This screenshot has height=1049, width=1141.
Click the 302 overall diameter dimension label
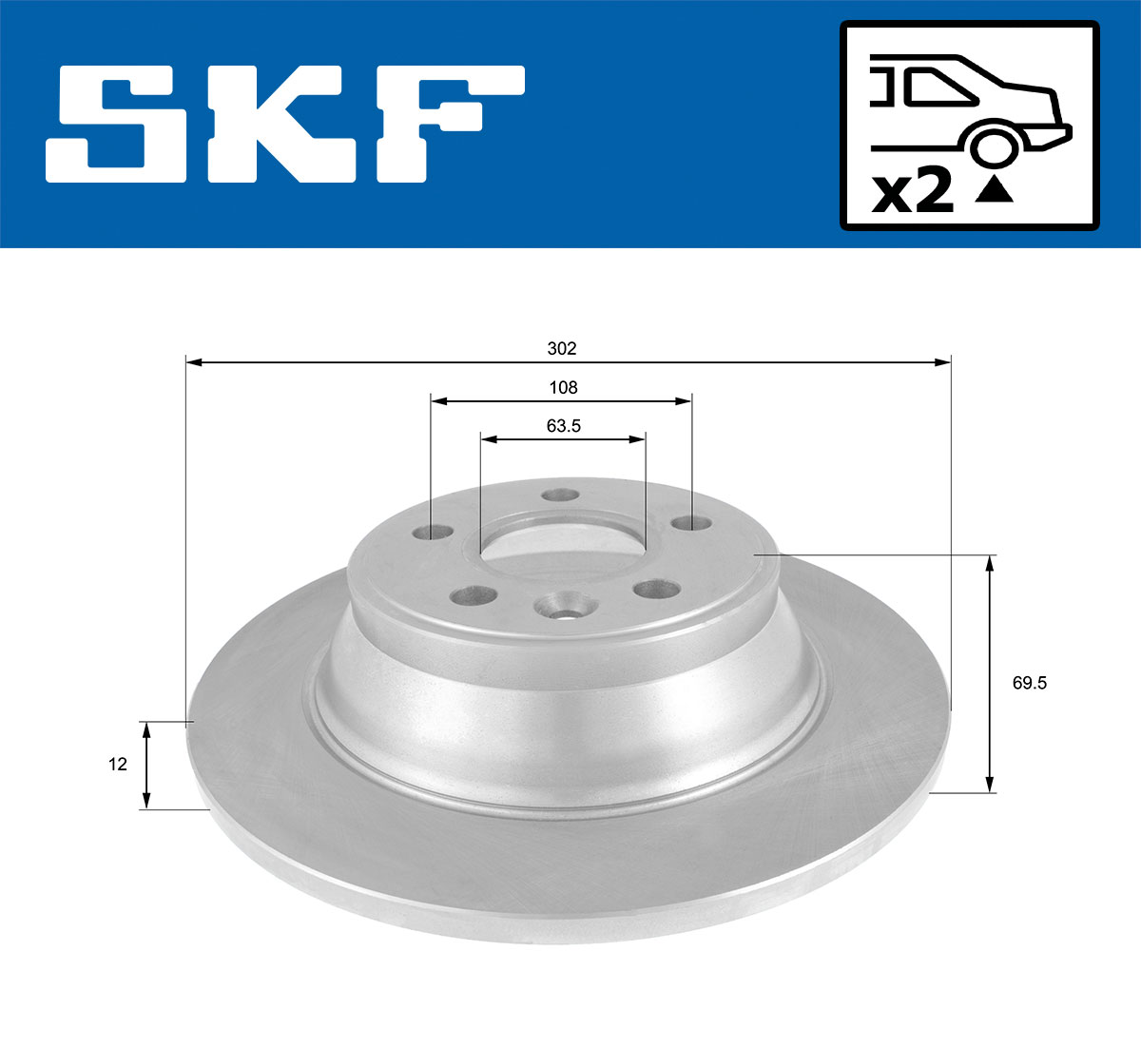(x=562, y=349)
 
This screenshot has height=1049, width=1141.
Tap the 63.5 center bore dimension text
(x=563, y=426)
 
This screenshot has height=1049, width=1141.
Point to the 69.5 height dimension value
(x=1029, y=683)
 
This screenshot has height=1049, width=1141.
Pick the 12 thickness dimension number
(x=118, y=764)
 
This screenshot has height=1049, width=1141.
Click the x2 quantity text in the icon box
(x=913, y=193)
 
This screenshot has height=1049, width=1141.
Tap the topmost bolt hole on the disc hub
(x=559, y=495)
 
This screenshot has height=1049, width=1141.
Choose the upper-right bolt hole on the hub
(x=689, y=523)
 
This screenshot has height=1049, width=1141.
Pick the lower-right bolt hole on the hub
(x=656, y=589)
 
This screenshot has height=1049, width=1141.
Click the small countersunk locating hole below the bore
(x=562, y=608)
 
